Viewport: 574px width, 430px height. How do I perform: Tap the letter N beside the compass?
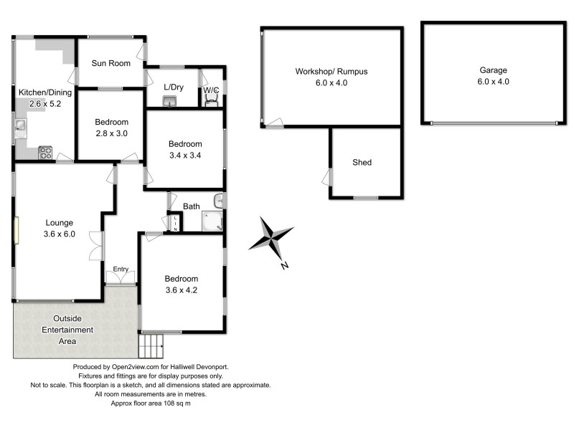tap(285, 266)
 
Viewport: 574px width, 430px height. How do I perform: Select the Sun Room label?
tap(110, 63)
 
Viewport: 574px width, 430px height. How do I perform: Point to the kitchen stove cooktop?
tap(45, 152)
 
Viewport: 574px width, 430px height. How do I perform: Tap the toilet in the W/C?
tap(211, 100)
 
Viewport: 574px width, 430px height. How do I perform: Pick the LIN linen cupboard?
tap(174, 223)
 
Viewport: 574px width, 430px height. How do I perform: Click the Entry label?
tap(121, 269)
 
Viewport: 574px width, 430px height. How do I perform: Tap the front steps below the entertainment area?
tap(152, 347)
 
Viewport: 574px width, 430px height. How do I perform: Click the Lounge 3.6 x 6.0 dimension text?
tap(59, 234)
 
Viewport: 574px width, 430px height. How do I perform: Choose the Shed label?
tap(362, 163)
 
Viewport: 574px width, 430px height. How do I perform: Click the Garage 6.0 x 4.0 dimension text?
tap(493, 82)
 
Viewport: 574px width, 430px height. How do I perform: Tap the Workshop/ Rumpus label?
tap(331, 72)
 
